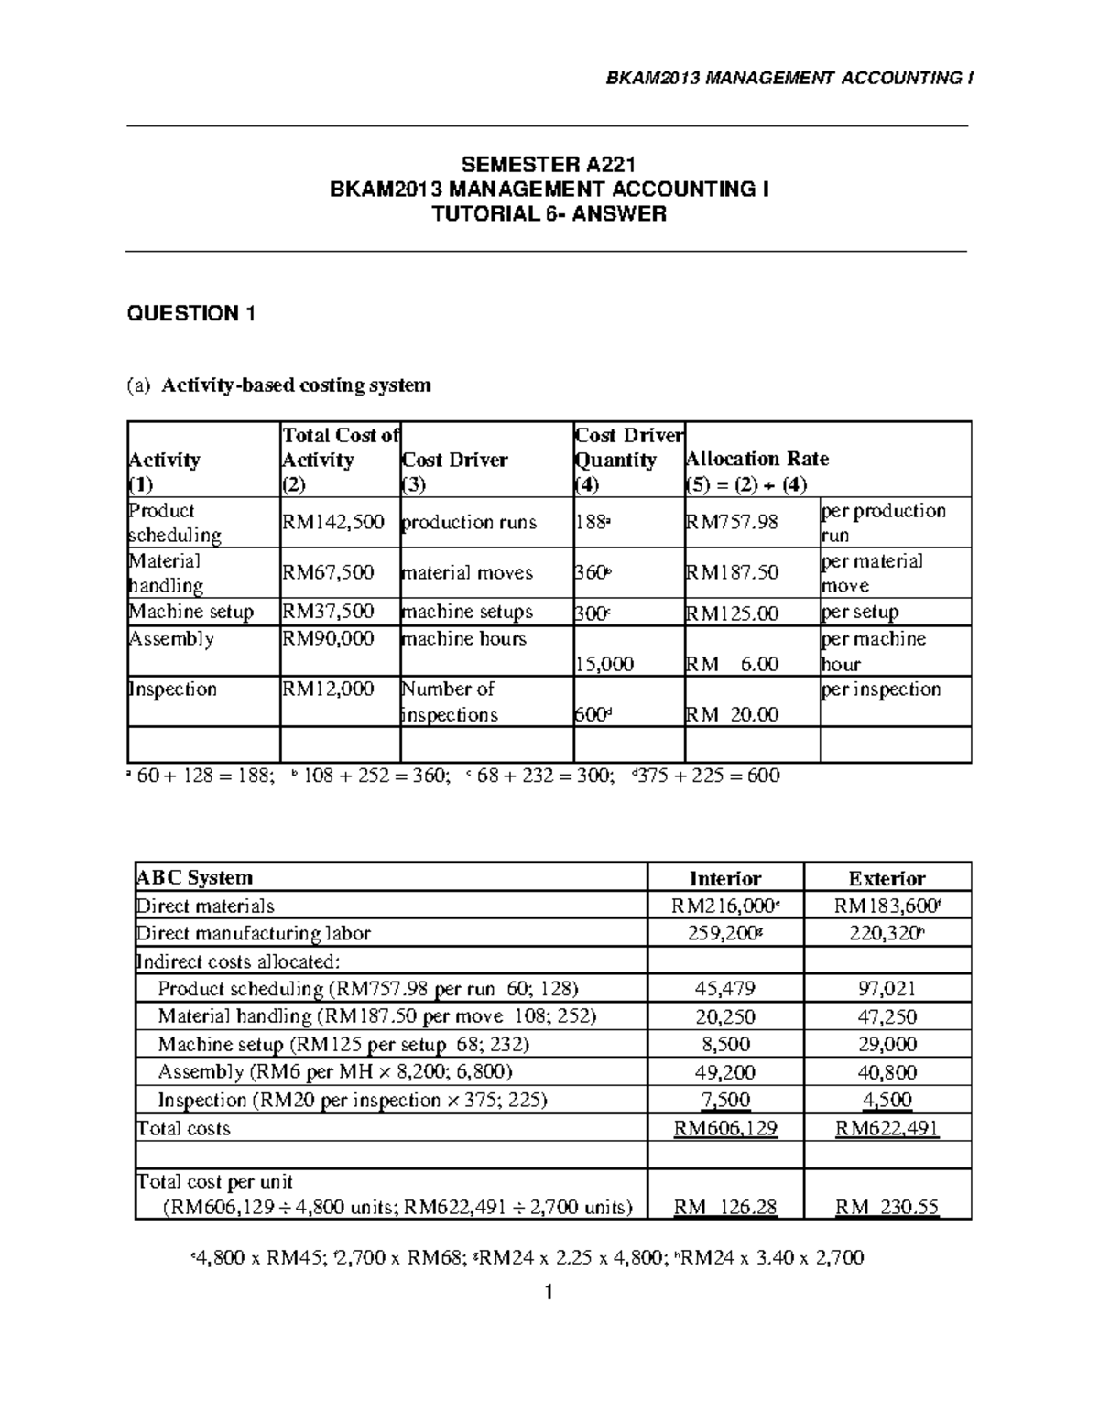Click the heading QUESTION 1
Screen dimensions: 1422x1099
click(190, 314)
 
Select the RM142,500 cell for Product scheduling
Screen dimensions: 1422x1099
click(332, 523)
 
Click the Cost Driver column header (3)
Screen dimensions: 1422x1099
click(454, 460)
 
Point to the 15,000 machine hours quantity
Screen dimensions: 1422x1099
click(603, 664)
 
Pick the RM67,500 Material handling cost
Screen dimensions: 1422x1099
click(328, 573)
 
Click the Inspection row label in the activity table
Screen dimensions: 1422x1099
click(172, 689)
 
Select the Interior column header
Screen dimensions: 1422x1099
click(724, 879)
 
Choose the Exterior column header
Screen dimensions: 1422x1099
click(887, 879)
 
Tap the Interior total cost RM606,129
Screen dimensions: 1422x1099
click(724, 1128)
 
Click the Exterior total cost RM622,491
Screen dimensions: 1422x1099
click(887, 1128)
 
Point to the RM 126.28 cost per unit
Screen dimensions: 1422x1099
click(724, 1207)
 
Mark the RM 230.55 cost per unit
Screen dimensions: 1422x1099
click(887, 1207)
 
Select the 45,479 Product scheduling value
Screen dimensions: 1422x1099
click(724, 989)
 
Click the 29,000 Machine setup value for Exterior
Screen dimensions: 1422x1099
click(887, 1045)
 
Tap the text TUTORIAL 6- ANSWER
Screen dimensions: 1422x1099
click(549, 214)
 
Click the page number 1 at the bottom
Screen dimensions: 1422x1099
click(549, 1293)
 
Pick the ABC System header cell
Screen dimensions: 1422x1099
click(194, 877)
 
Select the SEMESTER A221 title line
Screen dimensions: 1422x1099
click(549, 165)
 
